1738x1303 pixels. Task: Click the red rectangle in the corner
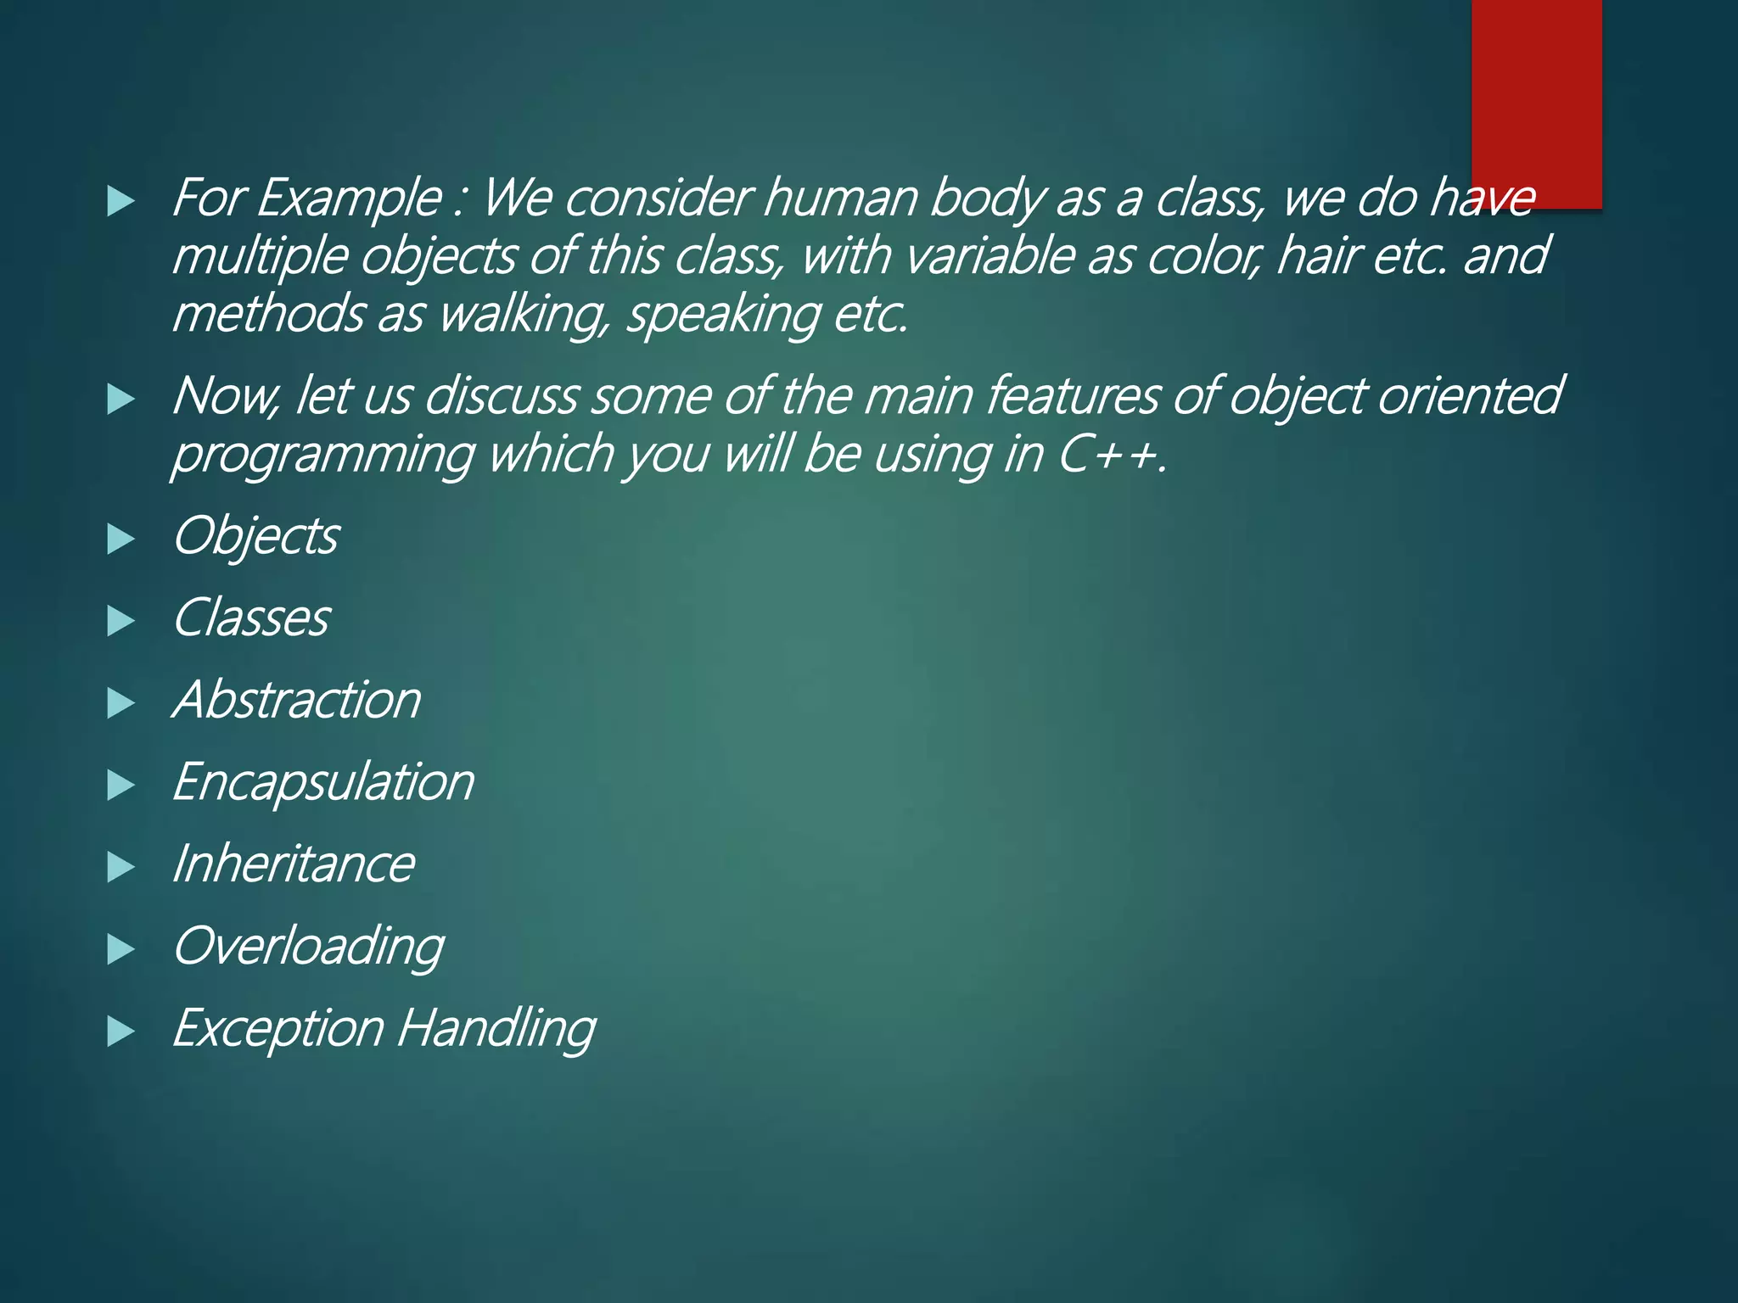pos(1536,102)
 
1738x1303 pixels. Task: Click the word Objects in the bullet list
pos(255,536)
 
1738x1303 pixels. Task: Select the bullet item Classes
pos(251,618)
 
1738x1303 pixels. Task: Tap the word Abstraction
pos(297,700)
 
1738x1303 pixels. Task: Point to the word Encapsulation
pos(323,781)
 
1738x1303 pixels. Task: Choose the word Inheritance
pos(294,864)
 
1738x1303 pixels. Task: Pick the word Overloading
pos(308,946)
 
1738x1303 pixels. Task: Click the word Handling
pos(496,1028)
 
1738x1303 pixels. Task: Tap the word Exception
pos(278,1028)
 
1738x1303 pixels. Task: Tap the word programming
pos(322,456)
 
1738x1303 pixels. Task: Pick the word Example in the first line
pos(349,199)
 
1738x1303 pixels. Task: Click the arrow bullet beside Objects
pos(121,540)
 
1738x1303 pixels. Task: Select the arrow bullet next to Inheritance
pos(121,867)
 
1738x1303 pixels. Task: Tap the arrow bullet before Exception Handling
pos(121,1032)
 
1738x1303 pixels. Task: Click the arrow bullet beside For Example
pos(121,202)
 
